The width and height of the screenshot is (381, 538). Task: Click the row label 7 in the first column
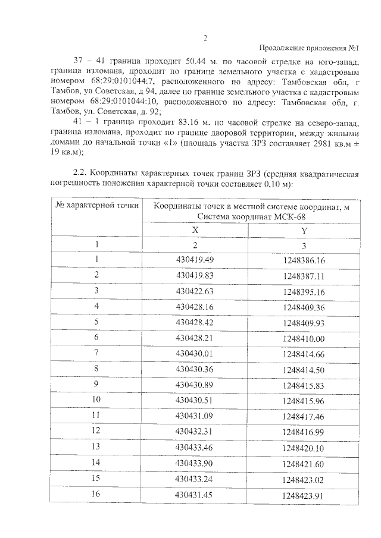[96, 353]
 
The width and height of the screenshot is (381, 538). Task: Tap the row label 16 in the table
[96, 492]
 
